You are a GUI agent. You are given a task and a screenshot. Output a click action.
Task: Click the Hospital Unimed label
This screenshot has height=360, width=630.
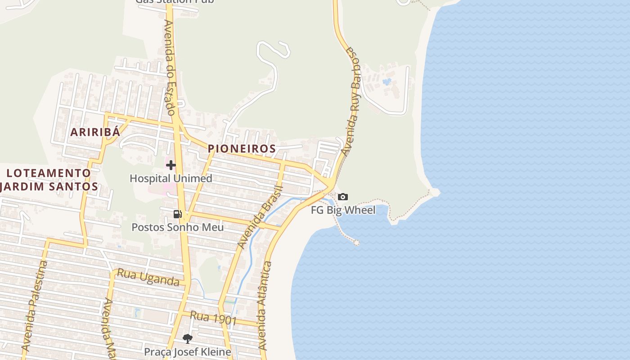171,178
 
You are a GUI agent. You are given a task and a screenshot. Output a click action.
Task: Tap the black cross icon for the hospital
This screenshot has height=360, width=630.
171,165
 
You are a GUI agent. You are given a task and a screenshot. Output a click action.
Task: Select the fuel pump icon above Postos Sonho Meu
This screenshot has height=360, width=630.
178,214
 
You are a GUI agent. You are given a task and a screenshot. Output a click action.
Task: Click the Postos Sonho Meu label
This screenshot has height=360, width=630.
177,227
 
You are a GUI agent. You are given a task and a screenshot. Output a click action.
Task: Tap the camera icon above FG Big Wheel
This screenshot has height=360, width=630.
343,197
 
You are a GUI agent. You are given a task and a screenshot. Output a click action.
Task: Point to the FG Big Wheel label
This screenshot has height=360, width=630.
343,210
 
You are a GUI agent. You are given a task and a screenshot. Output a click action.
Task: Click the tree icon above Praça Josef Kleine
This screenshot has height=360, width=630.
187,338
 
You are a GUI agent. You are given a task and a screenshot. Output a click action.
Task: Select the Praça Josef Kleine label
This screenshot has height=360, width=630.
187,351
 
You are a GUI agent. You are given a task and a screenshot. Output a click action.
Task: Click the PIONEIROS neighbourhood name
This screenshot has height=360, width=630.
242,148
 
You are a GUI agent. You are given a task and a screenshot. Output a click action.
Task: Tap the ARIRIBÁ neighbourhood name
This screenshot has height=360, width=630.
95,132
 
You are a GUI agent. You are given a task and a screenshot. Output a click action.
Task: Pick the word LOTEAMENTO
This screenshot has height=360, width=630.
49,173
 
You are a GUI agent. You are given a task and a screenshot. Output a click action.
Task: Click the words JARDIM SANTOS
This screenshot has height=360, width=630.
49,186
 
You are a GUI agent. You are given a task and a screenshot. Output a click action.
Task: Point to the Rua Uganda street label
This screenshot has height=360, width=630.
148,277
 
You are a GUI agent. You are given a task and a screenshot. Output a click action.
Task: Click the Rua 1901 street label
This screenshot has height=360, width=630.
213,318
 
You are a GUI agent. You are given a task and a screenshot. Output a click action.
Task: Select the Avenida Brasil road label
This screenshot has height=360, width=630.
261,217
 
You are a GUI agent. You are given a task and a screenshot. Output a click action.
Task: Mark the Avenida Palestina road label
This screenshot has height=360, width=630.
34,306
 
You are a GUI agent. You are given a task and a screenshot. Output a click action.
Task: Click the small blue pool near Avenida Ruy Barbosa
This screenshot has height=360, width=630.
386,82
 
